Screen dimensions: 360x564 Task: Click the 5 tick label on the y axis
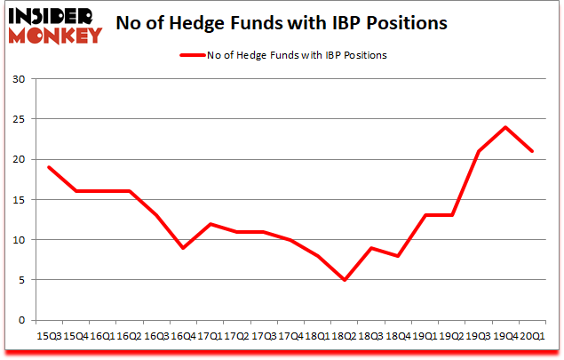(21, 280)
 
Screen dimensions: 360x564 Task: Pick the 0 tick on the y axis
(21, 320)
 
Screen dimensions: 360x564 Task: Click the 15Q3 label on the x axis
(49, 337)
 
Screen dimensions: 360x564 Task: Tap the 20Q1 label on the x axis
(533, 337)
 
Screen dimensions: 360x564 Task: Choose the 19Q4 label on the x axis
(506, 337)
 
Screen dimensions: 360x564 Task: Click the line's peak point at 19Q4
(505, 127)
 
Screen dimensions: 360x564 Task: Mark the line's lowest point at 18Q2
(344, 280)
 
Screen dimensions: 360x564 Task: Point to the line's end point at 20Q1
(532, 151)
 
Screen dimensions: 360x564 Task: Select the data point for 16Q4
(182, 248)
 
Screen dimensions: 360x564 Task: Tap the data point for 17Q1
(210, 224)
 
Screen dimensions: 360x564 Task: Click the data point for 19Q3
(479, 151)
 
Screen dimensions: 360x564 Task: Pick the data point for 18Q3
(371, 248)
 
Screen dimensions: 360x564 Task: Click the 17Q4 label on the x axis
(290, 337)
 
